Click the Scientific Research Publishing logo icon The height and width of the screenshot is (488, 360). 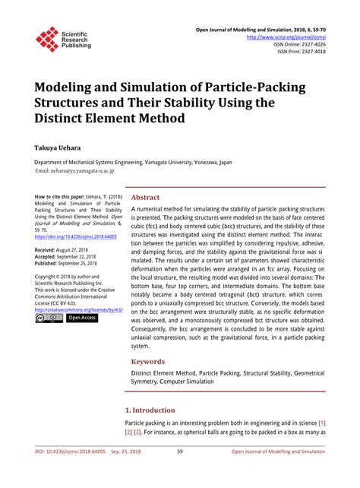point(47,39)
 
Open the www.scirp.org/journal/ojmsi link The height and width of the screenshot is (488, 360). point(287,36)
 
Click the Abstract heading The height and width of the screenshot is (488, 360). point(145,196)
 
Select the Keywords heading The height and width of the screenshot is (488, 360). point(148,362)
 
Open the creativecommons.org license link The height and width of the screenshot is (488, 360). point(78,310)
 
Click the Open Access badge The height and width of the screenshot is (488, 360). point(82,318)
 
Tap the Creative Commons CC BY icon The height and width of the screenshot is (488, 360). point(49,318)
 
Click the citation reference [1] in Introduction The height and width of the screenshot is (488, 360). point(322,423)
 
